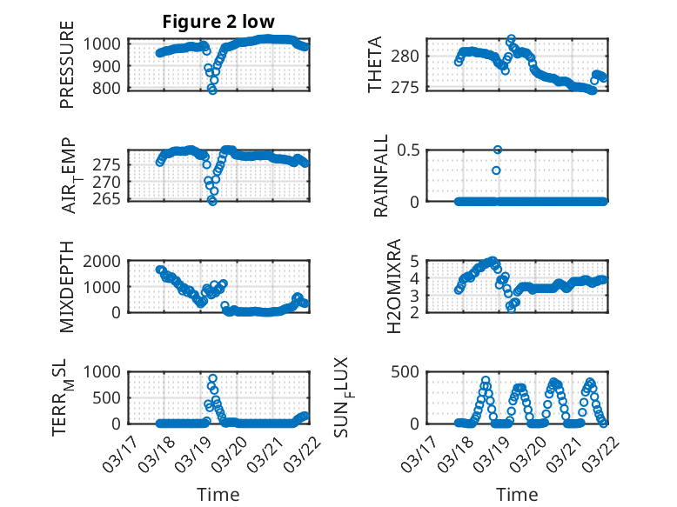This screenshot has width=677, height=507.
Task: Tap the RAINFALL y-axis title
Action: coord(380,176)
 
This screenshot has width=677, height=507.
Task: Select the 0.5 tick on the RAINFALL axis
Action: coord(408,150)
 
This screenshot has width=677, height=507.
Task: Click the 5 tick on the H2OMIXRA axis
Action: coord(416,260)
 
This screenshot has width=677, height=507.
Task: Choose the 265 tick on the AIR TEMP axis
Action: coord(111,198)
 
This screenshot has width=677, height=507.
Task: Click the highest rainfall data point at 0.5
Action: coord(498,150)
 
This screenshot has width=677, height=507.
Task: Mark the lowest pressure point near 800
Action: coord(212,90)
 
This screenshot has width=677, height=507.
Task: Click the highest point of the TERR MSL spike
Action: coord(212,379)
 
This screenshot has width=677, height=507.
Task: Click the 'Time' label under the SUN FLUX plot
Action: coord(517,495)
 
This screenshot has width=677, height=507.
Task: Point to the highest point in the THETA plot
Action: coord(511,39)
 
